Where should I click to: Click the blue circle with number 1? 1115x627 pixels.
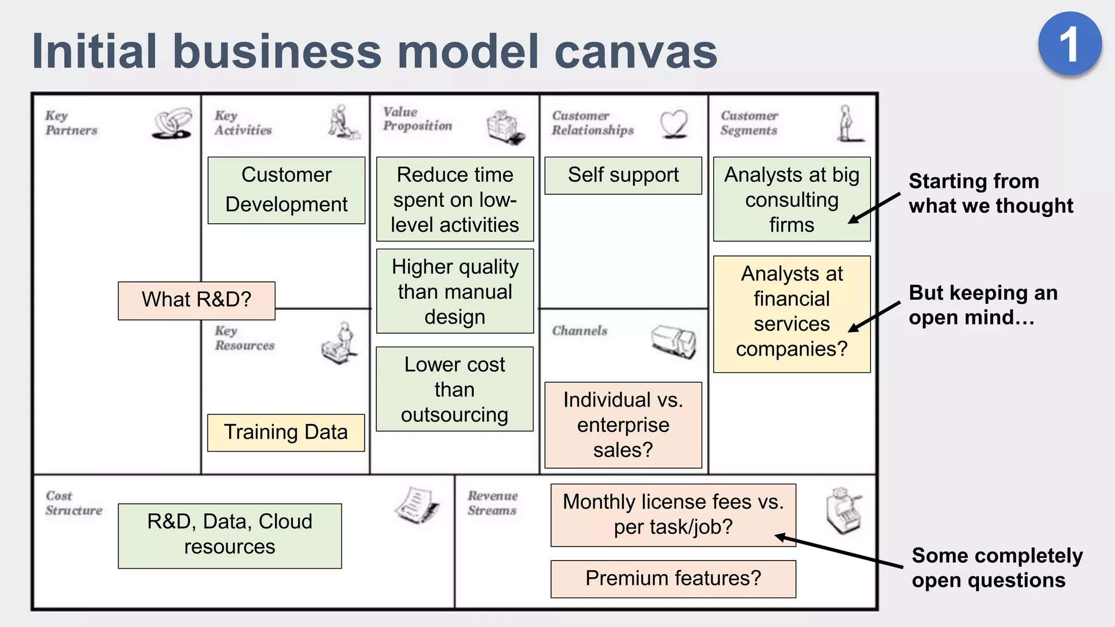coord(1069,44)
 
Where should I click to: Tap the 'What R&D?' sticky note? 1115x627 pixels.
coord(197,300)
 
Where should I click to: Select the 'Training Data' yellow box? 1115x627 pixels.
coord(286,433)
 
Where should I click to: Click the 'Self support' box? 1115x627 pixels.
coord(623,175)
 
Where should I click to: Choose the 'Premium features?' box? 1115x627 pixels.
coord(673,579)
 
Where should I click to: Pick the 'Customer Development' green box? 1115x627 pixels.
coord(286,190)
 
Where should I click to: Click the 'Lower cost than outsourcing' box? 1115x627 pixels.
coord(455,389)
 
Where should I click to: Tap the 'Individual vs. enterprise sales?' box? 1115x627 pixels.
coord(623,425)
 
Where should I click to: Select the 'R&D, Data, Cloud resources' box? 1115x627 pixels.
coord(230,536)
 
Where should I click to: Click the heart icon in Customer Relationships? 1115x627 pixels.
coord(673,124)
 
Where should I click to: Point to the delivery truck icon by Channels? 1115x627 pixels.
coord(673,341)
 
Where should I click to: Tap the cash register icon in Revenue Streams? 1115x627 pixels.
coord(843,511)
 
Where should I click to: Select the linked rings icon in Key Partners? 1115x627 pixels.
coord(172,124)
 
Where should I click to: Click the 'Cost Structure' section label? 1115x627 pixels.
coord(73,503)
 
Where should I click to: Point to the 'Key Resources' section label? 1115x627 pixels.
coord(244,338)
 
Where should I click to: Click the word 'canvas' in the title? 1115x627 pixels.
coord(635,52)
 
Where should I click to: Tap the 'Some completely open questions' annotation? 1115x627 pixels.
coord(996,568)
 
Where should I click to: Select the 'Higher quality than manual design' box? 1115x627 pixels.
coord(455,291)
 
